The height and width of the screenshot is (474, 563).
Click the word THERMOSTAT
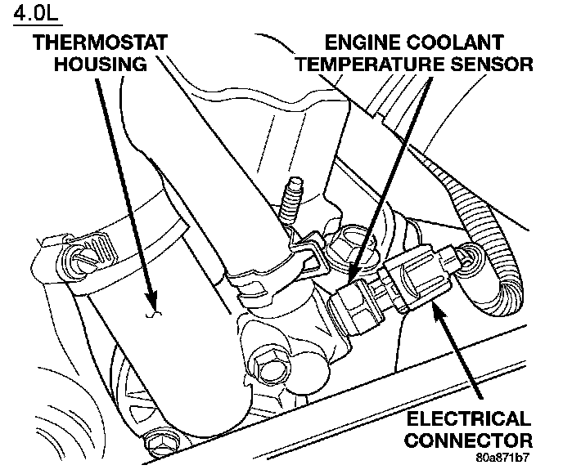point(101,42)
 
